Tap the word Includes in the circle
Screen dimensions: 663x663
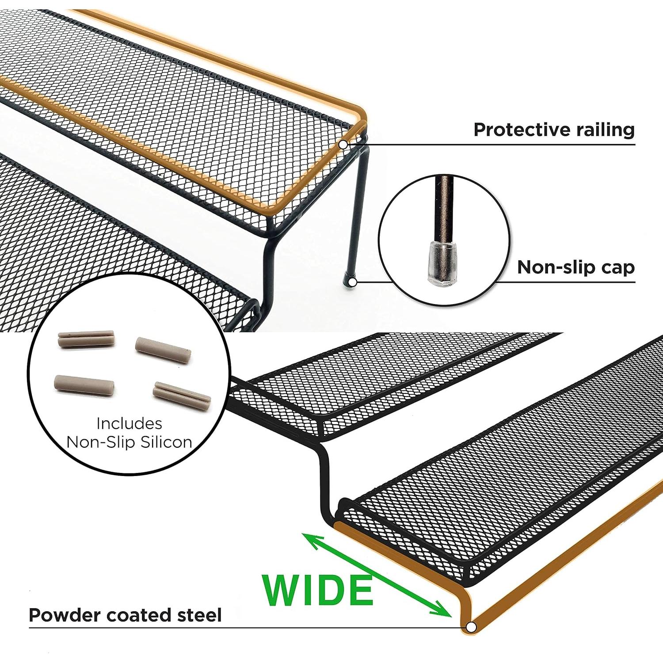129,423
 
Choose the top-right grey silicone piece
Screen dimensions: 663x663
163,350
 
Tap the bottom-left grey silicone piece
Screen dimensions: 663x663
84,385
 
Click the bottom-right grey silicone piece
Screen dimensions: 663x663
182,393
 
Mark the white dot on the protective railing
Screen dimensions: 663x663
343,144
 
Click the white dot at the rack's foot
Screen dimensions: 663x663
353,282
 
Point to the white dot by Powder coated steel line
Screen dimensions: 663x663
471,627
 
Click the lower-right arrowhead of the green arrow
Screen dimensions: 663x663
444,611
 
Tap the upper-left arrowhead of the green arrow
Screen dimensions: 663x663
310,539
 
